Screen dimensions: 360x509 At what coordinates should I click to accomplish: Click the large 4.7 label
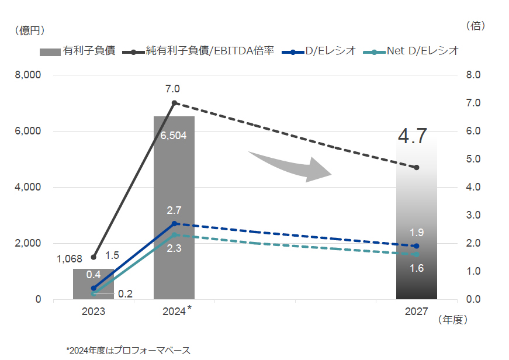click(417, 136)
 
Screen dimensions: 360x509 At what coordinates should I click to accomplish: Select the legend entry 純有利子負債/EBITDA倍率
click(199, 51)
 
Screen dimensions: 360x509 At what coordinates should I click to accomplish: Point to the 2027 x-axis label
click(416, 311)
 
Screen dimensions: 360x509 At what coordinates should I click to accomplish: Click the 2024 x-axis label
click(174, 311)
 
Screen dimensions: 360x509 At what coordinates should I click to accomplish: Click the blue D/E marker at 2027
click(416, 246)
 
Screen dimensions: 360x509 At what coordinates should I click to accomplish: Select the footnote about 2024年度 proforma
click(128, 350)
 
